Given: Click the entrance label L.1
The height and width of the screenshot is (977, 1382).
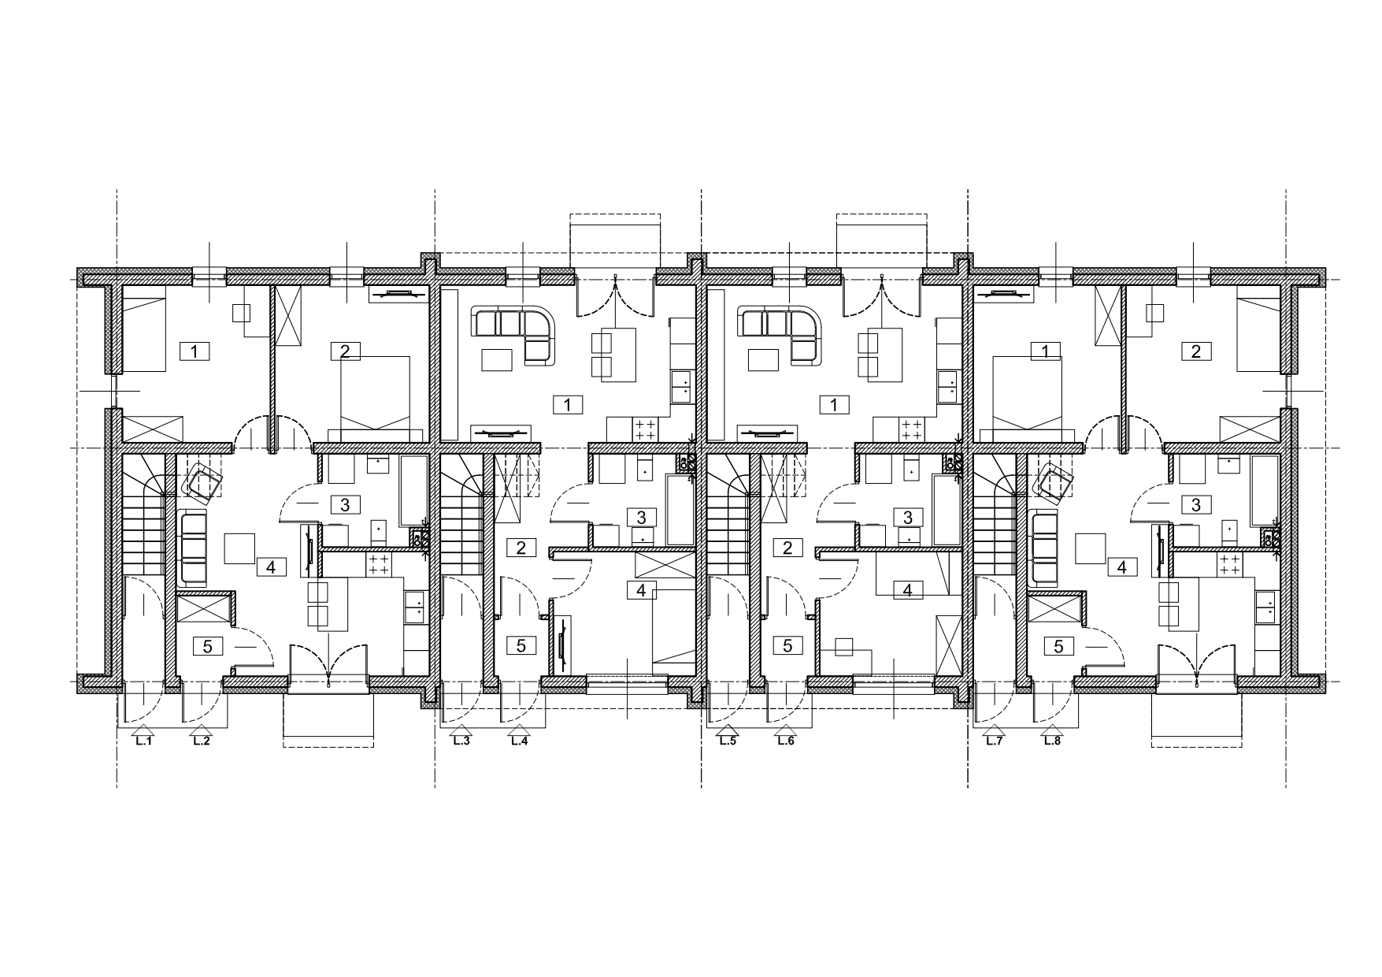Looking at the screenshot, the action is click(x=143, y=741).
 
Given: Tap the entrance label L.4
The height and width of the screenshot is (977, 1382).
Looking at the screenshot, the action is click(x=519, y=741).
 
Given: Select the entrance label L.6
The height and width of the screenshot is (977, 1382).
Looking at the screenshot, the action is click(x=785, y=741).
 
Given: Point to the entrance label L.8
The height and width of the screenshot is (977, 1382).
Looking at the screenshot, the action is click(x=1051, y=741).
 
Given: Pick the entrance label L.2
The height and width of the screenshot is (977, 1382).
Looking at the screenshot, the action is click(x=202, y=741).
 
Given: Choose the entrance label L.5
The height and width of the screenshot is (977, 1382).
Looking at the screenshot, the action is click(x=727, y=741).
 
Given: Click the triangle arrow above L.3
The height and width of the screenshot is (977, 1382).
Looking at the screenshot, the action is click(x=461, y=730).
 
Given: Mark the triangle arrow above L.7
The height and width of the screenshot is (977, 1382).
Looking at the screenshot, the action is click(x=994, y=730).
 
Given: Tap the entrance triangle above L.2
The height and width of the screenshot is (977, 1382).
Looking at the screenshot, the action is click(x=202, y=730).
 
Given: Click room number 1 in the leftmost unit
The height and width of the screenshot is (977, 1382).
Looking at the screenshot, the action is click(x=195, y=351).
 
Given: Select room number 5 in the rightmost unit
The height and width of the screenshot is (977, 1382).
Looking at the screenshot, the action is click(x=1058, y=646).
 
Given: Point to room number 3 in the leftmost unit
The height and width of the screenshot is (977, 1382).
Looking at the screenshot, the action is click(x=345, y=504).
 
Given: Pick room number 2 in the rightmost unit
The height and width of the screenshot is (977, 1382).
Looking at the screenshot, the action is click(x=1196, y=351).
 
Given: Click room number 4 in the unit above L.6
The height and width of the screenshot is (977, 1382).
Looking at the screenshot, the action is click(x=908, y=589).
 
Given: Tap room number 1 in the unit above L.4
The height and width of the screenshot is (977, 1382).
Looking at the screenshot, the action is click(x=568, y=405).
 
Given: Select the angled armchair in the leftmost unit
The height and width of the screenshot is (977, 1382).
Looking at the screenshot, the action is click(x=202, y=482).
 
